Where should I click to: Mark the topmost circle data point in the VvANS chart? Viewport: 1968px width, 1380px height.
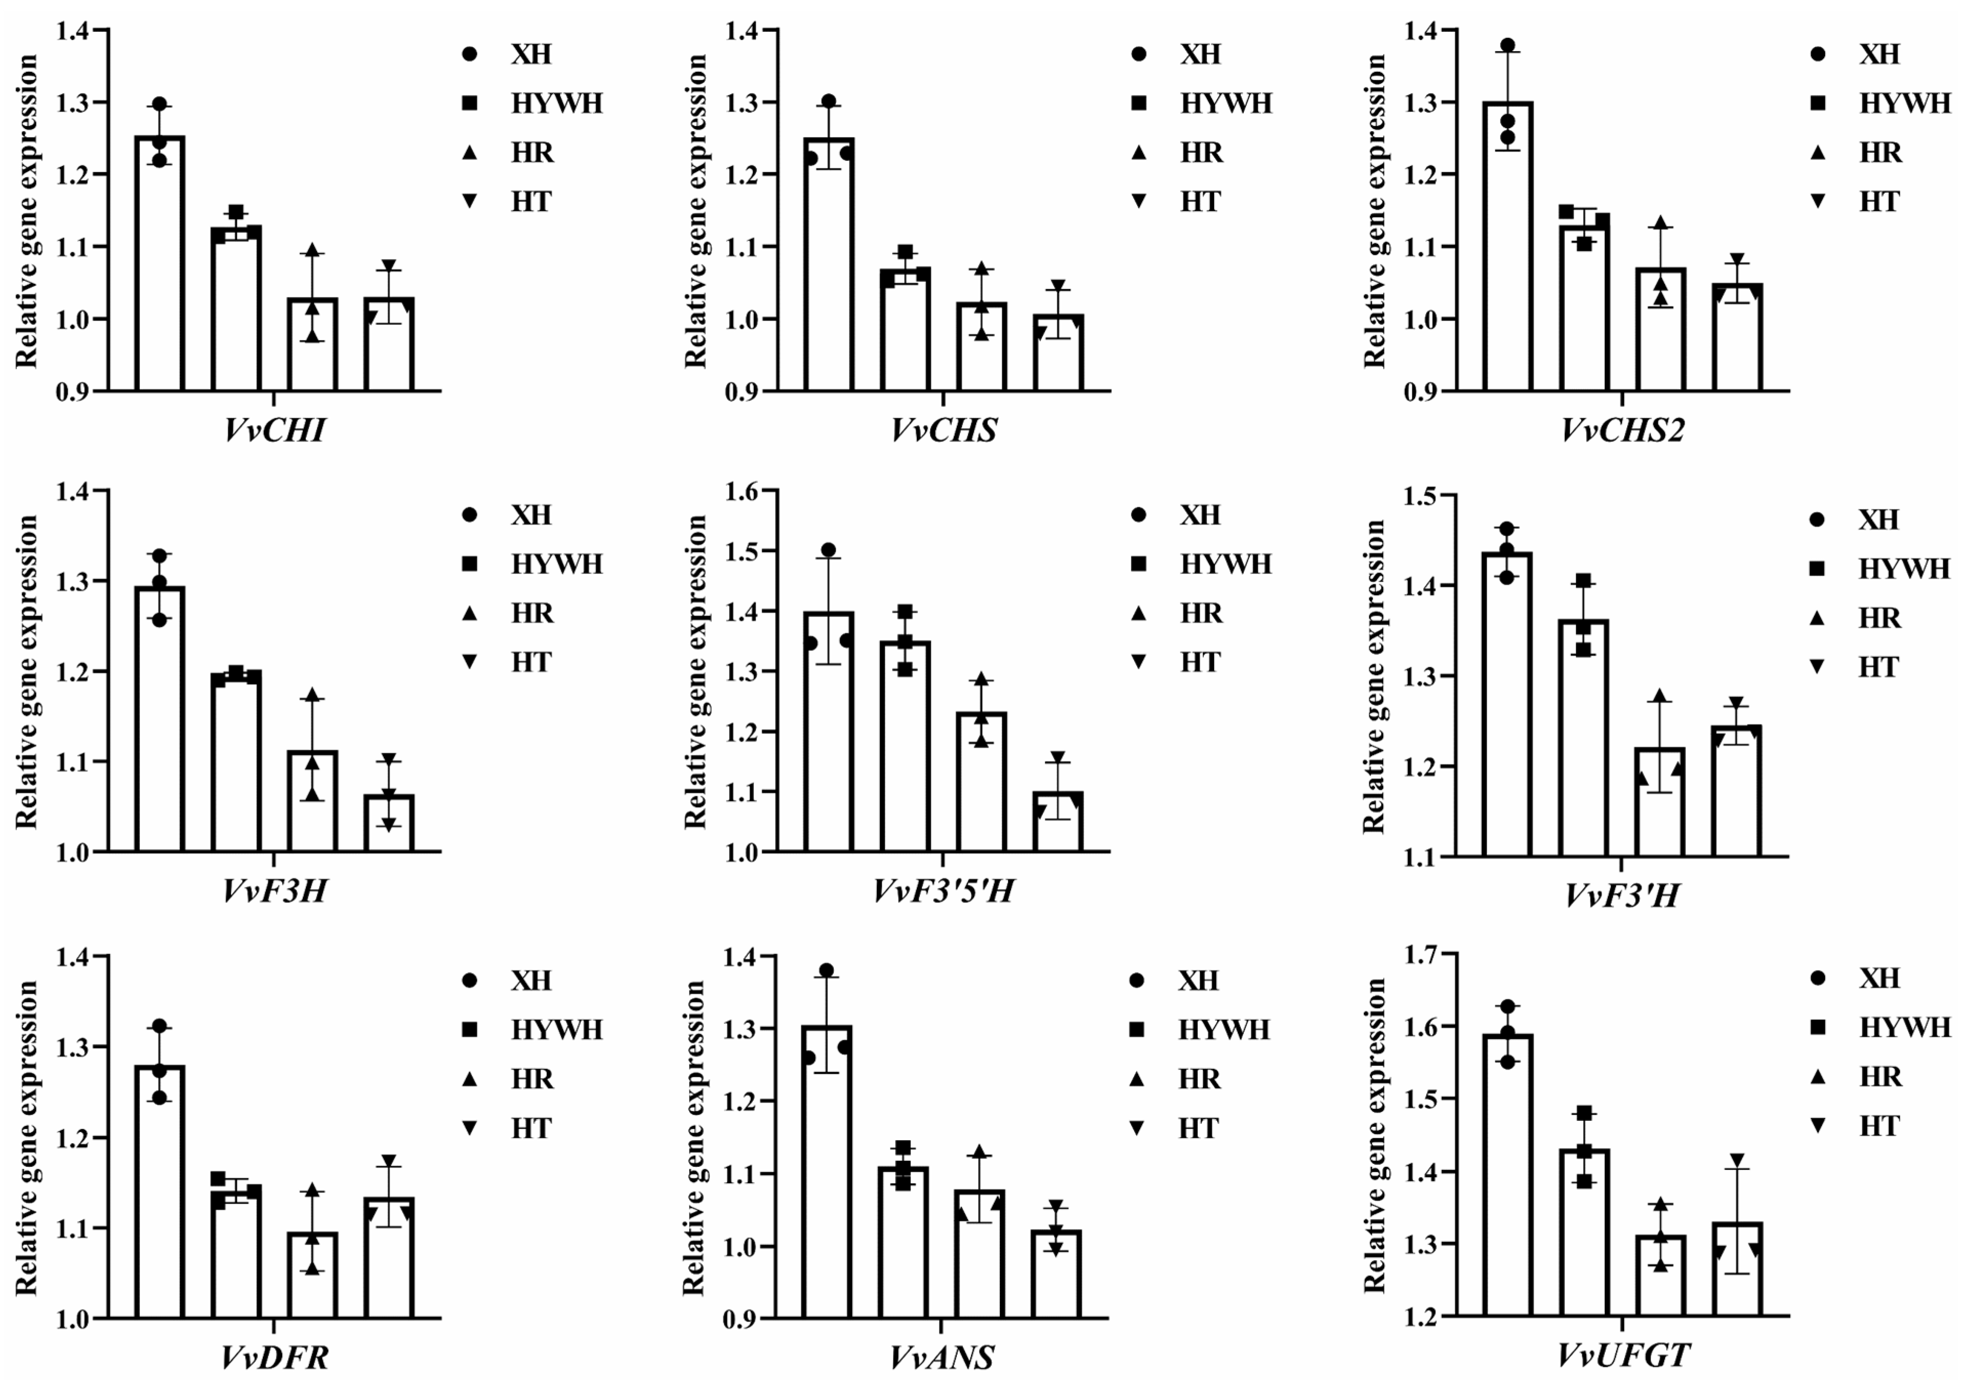826,970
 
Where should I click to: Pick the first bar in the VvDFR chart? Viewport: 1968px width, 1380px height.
159,1191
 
